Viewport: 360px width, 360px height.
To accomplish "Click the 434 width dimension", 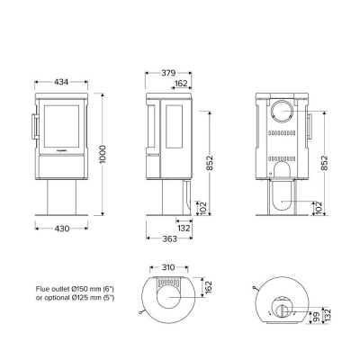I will (63, 82).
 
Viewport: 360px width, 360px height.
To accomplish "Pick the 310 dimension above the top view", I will (163, 267).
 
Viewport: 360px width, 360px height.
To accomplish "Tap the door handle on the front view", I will (34, 125).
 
